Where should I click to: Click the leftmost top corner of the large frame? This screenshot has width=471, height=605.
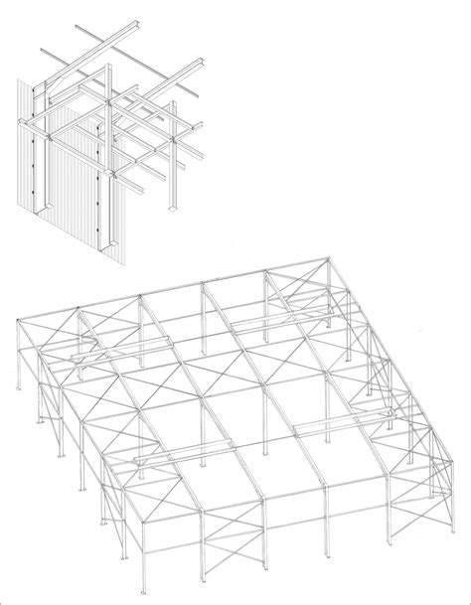click(21, 319)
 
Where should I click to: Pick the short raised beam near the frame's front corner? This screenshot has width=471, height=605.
click(159, 459)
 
